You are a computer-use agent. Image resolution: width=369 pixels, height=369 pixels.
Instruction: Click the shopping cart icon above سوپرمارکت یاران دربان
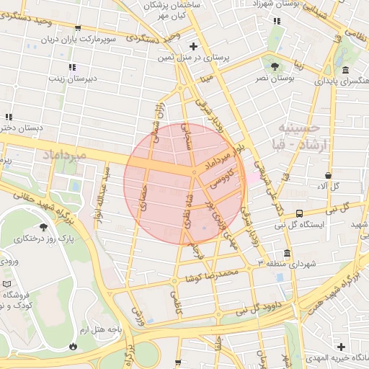77,30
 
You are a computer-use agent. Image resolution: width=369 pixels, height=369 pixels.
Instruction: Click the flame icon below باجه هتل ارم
73,346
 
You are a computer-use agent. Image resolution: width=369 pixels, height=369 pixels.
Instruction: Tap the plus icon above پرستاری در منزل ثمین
193,46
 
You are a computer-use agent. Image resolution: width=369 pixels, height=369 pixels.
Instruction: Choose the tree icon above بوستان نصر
275,66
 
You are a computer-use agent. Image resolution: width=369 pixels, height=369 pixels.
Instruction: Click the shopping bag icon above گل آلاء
329,174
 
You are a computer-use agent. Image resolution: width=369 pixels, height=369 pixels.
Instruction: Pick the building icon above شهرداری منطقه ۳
288,254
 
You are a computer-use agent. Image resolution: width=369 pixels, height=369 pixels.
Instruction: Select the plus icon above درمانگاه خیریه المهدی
341,347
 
